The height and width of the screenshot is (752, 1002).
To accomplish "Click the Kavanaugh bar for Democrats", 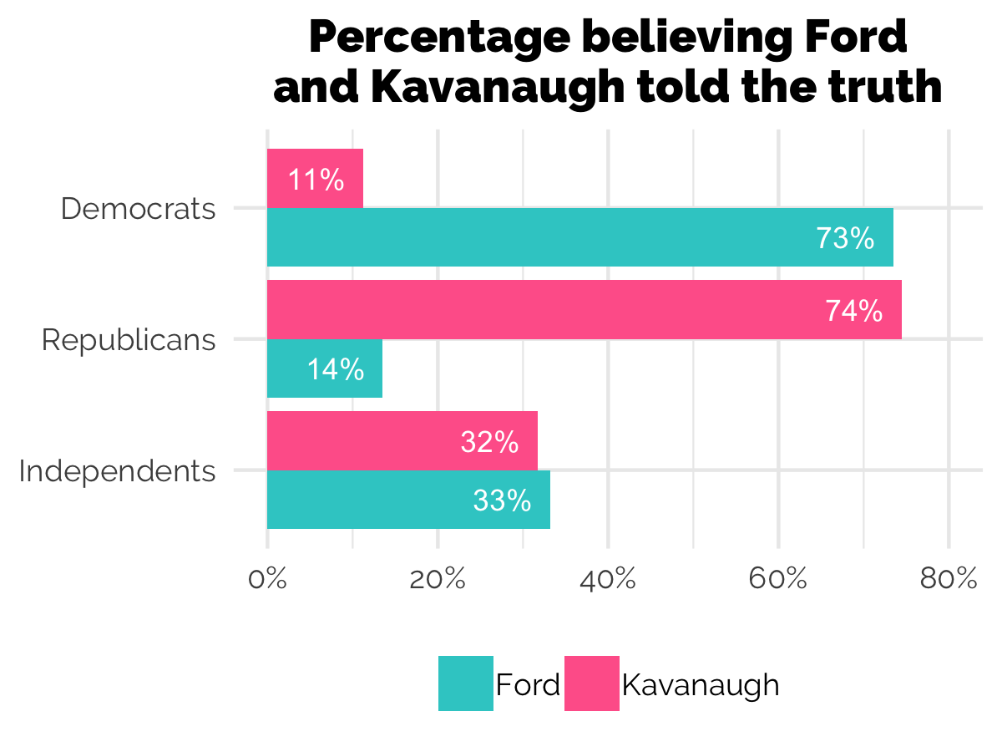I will (x=315, y=179).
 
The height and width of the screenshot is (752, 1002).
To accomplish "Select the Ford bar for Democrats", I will (x=579, y=238).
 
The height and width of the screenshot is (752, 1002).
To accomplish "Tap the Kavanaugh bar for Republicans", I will (x=584, y=310).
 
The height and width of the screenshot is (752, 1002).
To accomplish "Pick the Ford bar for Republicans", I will (x=324, y=368).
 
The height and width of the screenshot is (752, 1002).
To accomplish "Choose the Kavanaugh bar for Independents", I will (x=402, y=441).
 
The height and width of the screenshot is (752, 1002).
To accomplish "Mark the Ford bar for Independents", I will (x=408, y=500).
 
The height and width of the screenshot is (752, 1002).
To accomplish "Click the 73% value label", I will (x=845, y=239).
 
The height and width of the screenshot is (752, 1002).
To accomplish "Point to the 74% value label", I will (x=853, y=311).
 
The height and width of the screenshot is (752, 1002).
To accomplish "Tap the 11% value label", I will (x=316, y=180).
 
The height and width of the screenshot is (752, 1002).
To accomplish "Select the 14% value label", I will (x=335, y=369).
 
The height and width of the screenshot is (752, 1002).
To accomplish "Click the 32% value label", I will (x=489, y=442).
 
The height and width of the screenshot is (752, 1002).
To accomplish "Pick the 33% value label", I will (x=502, y=500).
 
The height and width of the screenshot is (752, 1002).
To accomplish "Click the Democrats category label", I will (x=139, y=209).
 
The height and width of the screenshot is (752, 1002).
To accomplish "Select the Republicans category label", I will (x=129, y=340).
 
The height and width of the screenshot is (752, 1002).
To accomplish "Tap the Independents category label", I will (x=117, y=471).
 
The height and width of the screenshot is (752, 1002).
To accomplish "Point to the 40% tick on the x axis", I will (x=608, y=579).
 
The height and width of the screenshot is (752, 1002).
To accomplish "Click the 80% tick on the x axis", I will (x=949, y=579).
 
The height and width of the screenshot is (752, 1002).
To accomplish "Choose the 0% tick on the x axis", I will (x=267, y=579).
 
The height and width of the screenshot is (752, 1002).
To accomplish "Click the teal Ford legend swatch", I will (x=465, y=683).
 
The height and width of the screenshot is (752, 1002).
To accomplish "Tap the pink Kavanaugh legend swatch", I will (x=591, y=683).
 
